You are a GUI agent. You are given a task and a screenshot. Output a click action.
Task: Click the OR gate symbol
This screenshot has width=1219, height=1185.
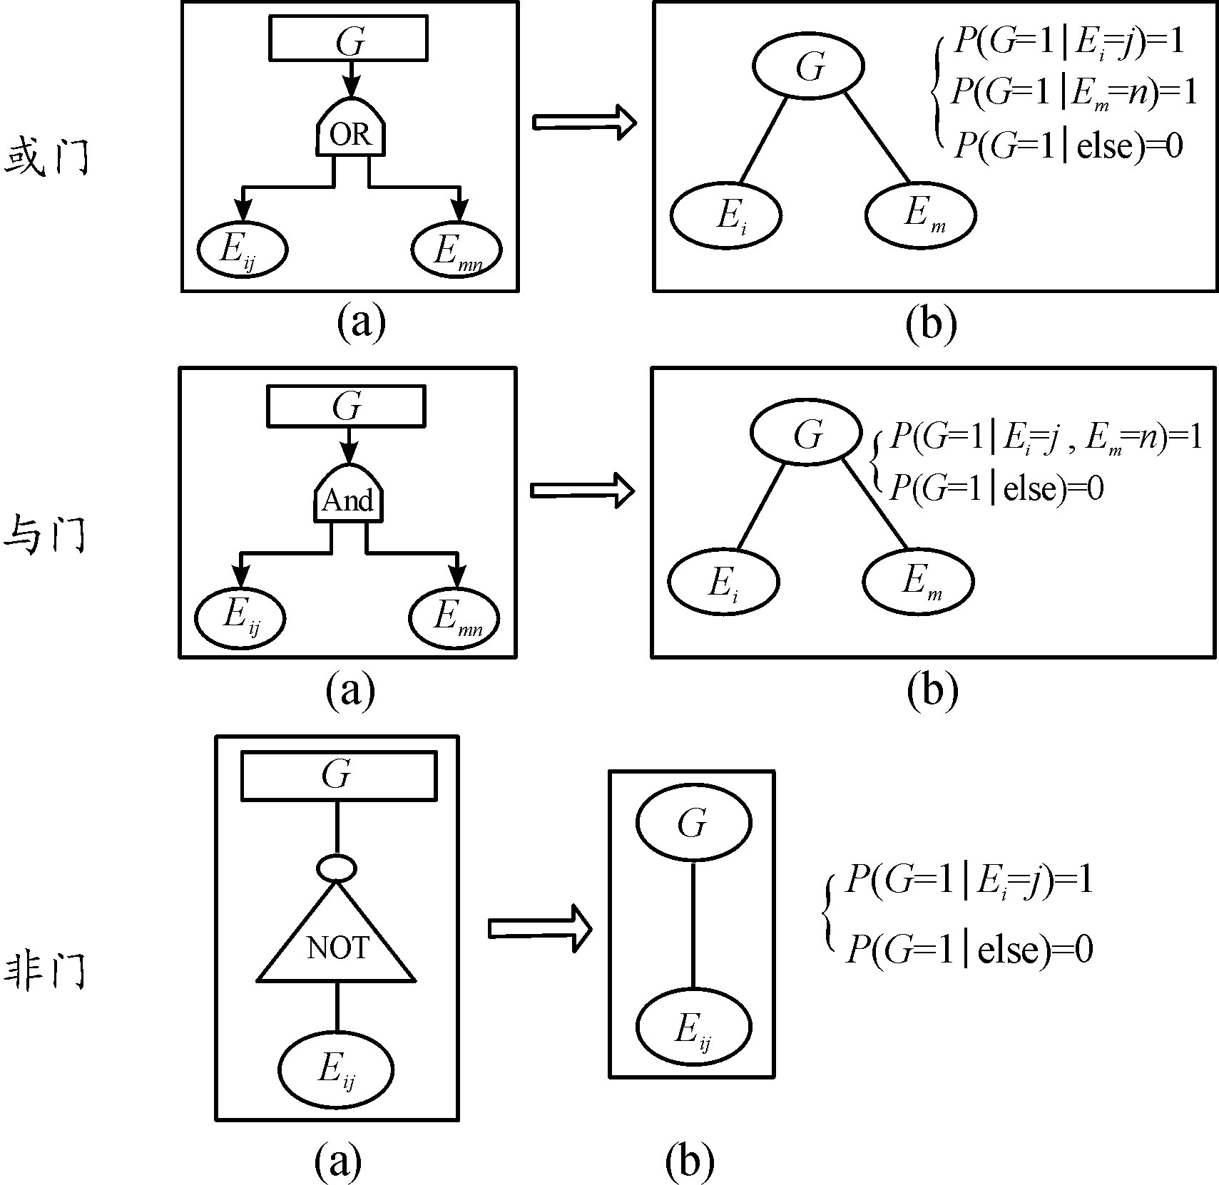pos(350,129)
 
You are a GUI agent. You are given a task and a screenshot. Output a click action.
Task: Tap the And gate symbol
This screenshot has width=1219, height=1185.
pos(348,496)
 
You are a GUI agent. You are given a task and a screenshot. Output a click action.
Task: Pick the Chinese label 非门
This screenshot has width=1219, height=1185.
pos(46,972)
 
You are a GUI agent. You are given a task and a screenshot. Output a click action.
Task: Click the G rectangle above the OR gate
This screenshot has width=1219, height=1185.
pos(348,39)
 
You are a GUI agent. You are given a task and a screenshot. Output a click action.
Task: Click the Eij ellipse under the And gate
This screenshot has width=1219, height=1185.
pos(240,617)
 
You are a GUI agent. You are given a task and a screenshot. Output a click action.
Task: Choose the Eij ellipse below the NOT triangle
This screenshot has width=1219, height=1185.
pos(335,1070)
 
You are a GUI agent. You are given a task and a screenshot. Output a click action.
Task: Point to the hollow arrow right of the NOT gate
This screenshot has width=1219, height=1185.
pos(540,928)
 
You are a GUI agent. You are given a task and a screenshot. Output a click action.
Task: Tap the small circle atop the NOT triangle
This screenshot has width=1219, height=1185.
pos(336,868)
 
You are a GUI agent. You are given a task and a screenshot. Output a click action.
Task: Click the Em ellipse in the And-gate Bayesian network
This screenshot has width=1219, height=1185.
pos(918,581)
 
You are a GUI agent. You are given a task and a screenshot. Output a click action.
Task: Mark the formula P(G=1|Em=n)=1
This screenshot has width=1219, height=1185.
pos(1075,93)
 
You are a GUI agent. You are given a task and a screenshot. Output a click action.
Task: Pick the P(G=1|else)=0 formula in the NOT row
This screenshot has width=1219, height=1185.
pos(969,949)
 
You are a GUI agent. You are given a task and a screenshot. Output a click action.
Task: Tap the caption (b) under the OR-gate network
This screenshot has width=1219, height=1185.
pos(931,324)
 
